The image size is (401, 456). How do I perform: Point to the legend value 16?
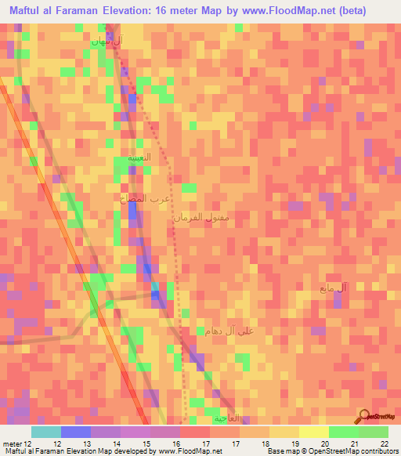176,443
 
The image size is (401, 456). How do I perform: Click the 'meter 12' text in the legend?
16,443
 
